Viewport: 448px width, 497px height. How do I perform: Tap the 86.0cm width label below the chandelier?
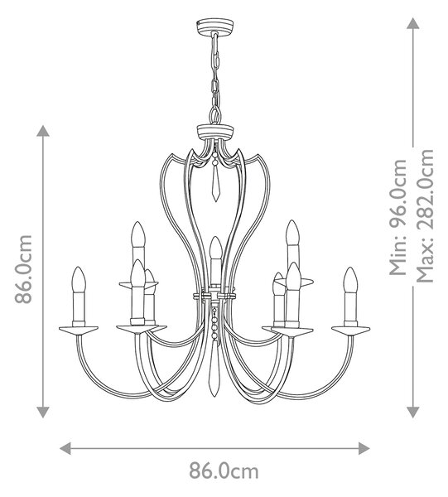click(224, 471)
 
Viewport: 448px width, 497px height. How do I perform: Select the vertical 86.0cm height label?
click(24, 268)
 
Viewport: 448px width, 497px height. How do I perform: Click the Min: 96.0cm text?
click(398, 217)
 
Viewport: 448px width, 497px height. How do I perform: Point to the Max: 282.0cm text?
click(425, 215)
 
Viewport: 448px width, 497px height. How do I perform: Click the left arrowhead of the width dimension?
click(65, 448)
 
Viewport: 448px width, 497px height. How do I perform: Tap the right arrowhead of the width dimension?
click(364, 448)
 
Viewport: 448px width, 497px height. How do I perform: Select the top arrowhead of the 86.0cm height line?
click(43, 131)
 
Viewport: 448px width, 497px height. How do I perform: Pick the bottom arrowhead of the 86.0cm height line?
click(43, 412)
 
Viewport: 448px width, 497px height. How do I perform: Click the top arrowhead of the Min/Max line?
click(413, 23)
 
